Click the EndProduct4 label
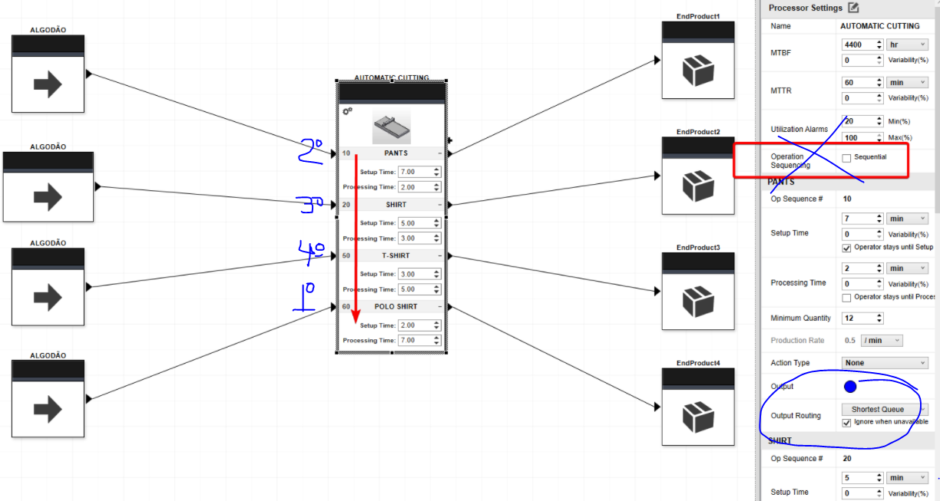pyautogui.click(x=698, y=362)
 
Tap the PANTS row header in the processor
pyautogui.click(x=396, y=153)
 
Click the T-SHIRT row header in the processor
pyautogui.click(x=396, y=255)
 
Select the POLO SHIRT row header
pyautogui.click(x=396, y=306)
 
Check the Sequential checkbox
pyautogui.click(x=846, y=158)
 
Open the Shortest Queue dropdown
pyautogui.click(x=884, y=410)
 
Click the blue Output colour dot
pyautogui.click(x=850, y=387)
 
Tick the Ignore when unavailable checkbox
pyautogui.click(x=846, y=422)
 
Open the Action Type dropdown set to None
pyautogui.click(x=884, y=363)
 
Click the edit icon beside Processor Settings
pyautogui.click(x=853, y=8)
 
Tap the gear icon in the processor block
pyautogui.click(x=347, y=111)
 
